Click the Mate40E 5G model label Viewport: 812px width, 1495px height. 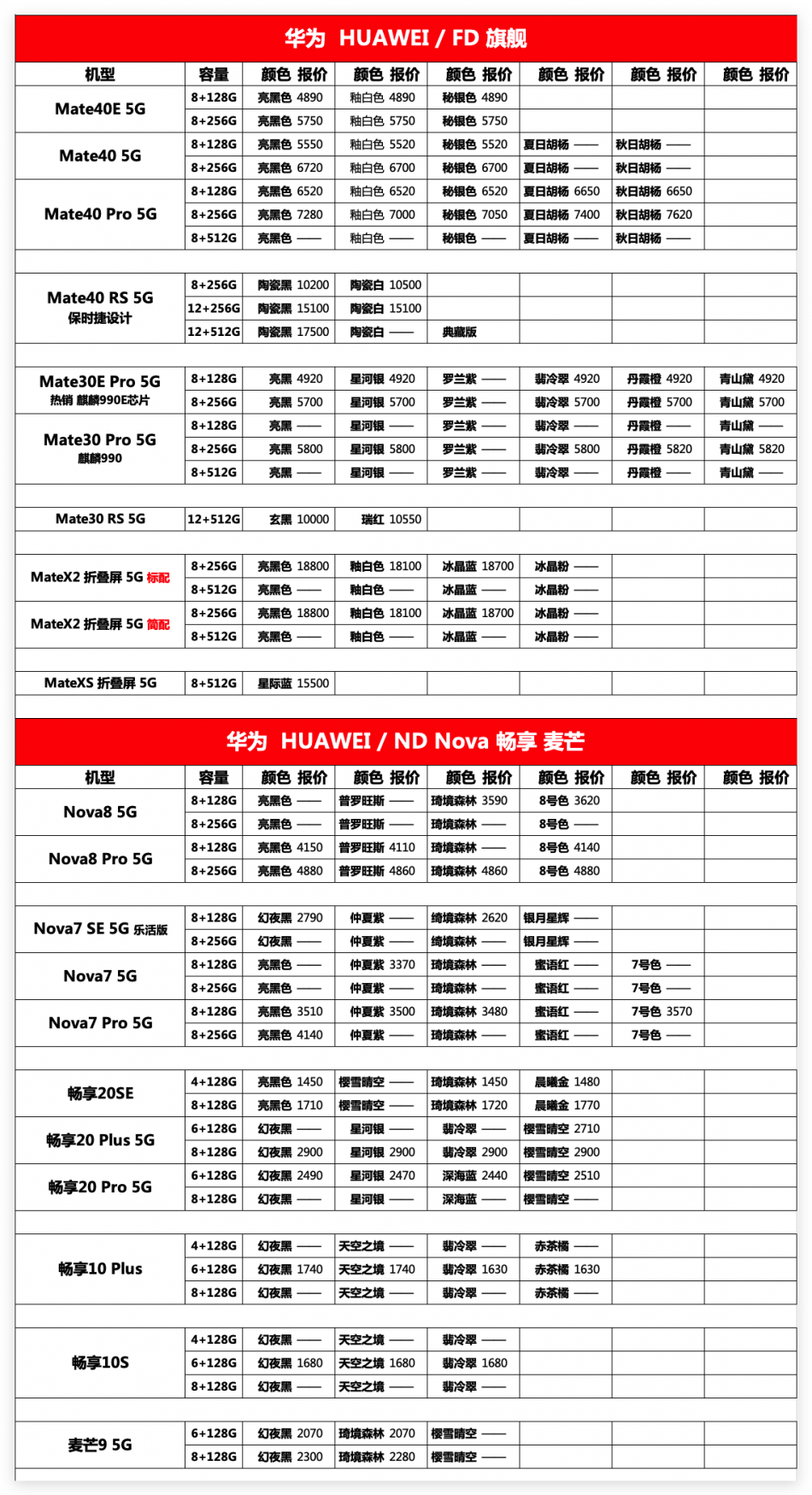pos(100,109)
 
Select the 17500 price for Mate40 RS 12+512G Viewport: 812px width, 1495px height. pos(294,332)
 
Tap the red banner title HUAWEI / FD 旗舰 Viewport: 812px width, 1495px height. pos(405,38)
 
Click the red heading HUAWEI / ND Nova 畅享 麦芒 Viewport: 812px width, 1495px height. pos(405,740)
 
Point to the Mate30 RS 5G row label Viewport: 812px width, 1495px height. pos(100,519)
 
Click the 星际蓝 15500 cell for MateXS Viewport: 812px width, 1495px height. pos(293,683)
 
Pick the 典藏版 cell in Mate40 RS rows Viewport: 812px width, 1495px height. pos(459,332)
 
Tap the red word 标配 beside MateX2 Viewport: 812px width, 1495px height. pos(158,578)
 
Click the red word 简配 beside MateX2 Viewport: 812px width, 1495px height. pos(158,625)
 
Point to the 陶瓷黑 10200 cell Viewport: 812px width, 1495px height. pos(293,285)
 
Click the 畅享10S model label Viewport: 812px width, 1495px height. pos(100,1363)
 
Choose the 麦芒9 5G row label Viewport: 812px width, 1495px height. pos(100,1445)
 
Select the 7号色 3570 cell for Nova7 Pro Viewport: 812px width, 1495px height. pos(661,1011)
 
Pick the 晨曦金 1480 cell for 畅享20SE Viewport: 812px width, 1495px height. pos(567,1081)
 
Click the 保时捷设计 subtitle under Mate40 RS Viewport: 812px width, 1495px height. pos(100,319)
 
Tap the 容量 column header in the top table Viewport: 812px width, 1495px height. pos(214,74)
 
